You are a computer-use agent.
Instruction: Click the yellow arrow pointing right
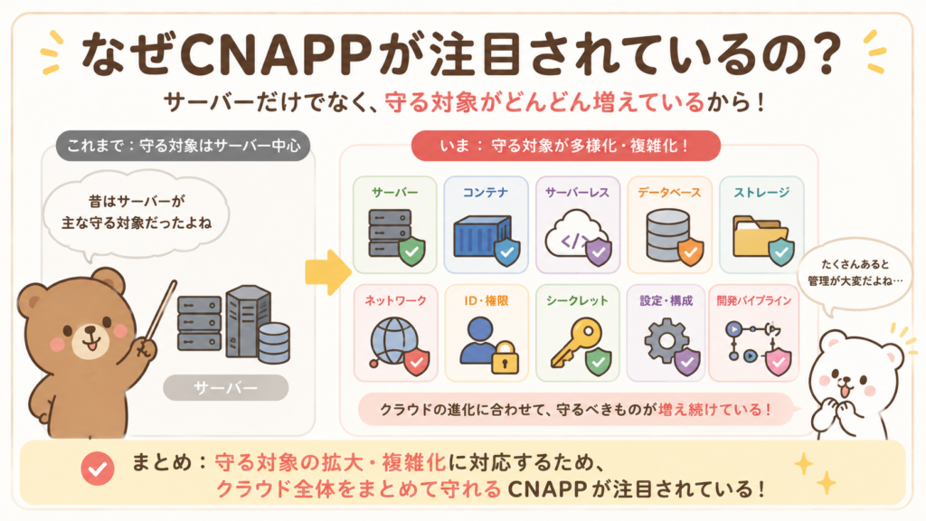327,271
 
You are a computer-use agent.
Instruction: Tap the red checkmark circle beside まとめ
98,469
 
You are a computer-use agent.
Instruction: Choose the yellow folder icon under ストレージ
759,236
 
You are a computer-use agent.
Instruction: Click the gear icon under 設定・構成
666,341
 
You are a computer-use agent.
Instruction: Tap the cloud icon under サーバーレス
575,234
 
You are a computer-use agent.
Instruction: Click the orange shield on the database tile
690,252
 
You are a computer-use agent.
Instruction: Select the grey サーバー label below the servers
225,388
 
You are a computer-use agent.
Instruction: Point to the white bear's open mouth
845,390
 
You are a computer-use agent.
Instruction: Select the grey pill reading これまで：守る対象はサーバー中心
183,146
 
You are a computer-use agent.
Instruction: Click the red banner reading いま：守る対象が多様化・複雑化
566,146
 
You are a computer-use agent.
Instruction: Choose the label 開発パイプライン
753,300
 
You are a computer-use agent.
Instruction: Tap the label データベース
669,193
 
